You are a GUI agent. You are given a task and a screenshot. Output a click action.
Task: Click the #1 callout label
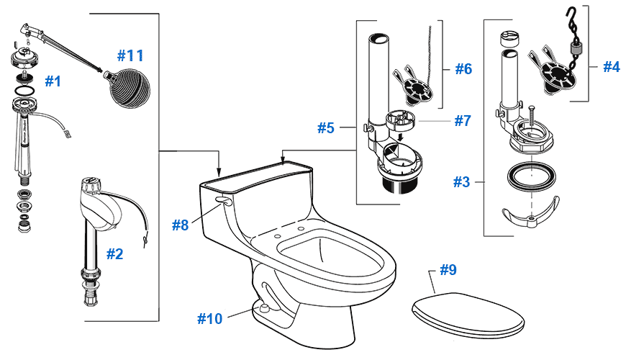[53, 81]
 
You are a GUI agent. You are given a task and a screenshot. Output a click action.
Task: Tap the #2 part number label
[114, 253]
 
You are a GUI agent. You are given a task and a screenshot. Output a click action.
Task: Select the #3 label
[461, 182]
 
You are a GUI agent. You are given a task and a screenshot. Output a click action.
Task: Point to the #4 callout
[611, 67]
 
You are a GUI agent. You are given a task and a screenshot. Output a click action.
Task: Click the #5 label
[326, 128]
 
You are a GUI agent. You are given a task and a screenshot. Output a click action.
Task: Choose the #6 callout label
[463, 69]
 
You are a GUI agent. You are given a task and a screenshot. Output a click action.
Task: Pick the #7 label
[462, 120]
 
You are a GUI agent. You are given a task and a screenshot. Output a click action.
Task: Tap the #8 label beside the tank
[180, 225]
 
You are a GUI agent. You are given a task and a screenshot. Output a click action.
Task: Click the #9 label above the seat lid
[448, 271]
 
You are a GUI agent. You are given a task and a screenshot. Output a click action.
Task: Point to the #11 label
[130, 55]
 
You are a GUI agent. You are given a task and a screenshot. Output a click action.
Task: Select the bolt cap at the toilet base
[262, 307]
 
